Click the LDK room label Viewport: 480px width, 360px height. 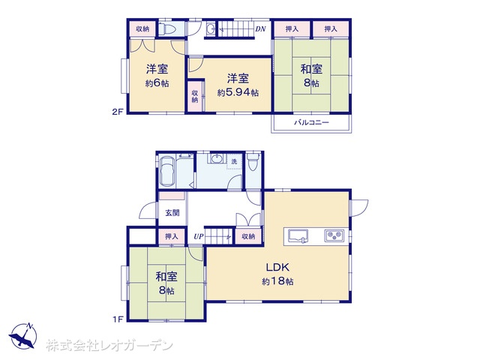(x=277, y=267)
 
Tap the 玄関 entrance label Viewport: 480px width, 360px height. (x=172, y=212)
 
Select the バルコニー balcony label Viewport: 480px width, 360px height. (x=312, y=123)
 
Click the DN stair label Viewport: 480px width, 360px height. (x=260, y=29)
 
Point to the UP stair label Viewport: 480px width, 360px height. (x=198, y=236)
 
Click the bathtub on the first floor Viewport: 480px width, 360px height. (x=167, y=171)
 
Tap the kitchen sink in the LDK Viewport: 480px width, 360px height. (x=298, y=236)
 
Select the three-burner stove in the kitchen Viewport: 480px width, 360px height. (x=334, y=235)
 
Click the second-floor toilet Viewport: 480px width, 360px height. (x=166, y=29)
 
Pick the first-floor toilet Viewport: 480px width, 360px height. (x=253, y=162)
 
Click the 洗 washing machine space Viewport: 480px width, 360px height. (x=234, y=161)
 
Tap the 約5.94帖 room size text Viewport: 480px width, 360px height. (x=238, y=92)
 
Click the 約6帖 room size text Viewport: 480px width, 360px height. (x=157, y=83)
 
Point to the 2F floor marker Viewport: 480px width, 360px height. (x=117, y=112)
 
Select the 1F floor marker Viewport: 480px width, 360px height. (x=118, y=319)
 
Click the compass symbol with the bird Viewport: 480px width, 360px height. (x=23, y=336)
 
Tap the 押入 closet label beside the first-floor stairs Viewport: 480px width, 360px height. (x=172, y=236)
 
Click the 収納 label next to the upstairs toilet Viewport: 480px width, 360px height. (x=142, y=28)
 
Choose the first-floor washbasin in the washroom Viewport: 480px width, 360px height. (x=217, y=158)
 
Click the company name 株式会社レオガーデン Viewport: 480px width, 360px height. (x=109, y=346)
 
